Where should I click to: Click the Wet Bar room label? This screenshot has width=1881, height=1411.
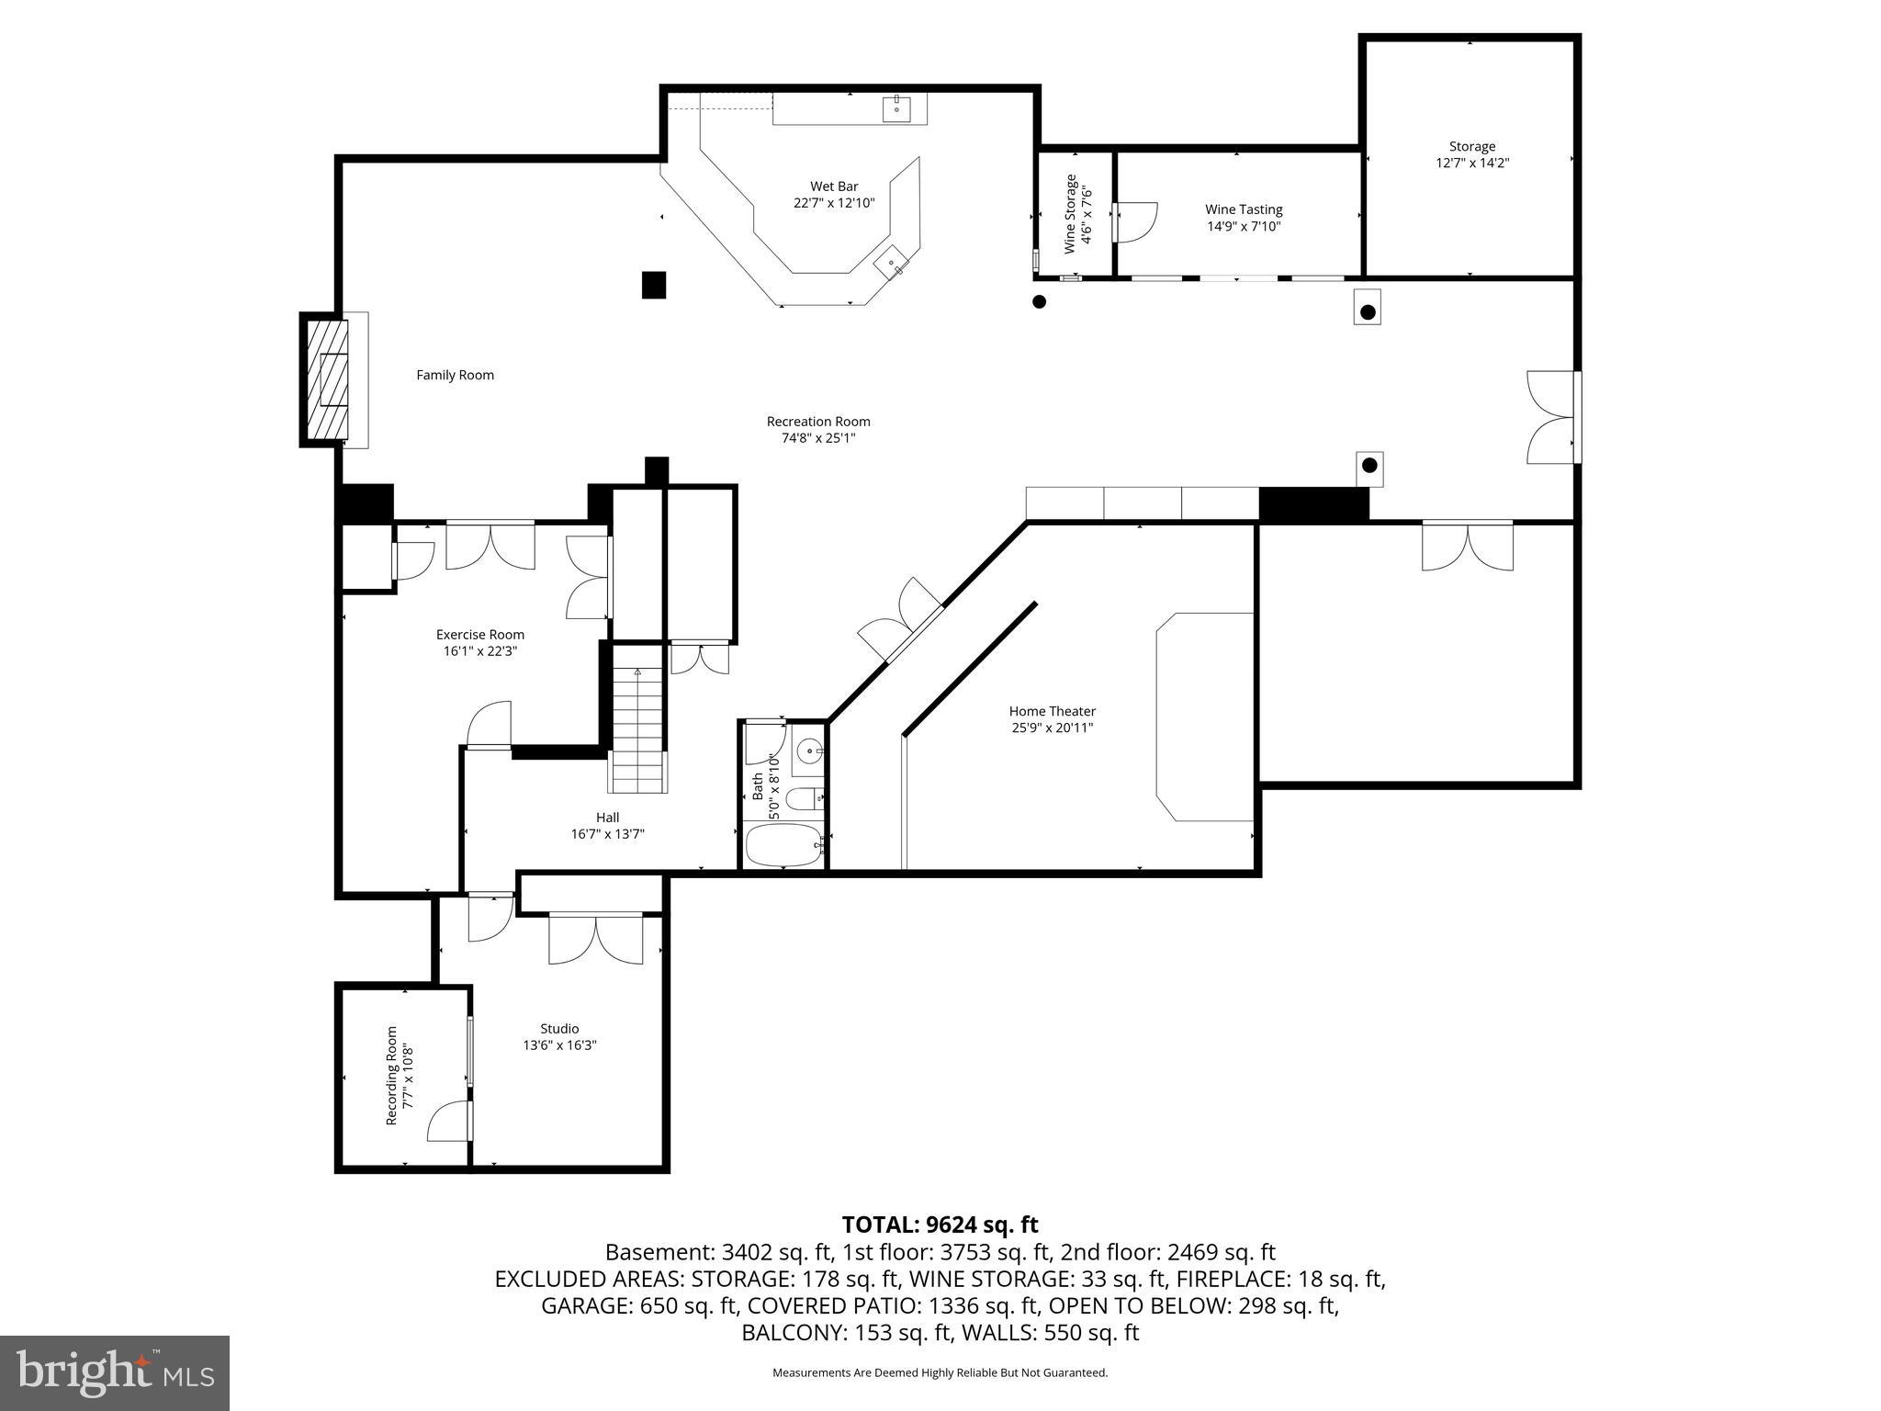click(834, 186)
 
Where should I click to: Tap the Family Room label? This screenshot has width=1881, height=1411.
click(455, 375)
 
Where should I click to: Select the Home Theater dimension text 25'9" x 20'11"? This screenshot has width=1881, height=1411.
click(1052, 728)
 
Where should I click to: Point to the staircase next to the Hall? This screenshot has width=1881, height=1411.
click(637, 730)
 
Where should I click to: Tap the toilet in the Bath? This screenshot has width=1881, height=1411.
click(805, 798)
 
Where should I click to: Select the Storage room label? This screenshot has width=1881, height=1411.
click(1472, 146)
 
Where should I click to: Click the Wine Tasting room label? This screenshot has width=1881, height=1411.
click(1244, 209)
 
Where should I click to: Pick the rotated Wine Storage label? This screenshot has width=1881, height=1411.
click(1070, 214)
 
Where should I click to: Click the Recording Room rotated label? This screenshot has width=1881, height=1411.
click(391, 1076)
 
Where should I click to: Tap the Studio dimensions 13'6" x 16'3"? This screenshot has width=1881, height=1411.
click(559, 1044)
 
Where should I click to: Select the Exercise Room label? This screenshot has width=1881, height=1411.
click(479, 634)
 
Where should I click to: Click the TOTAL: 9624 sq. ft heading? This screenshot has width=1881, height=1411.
click(940, 1225)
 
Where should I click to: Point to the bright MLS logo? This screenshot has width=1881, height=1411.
click(115, 1372)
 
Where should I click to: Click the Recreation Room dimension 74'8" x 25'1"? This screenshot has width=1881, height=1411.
click(817, 438)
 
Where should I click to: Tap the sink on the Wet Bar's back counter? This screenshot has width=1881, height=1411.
click(896, 108)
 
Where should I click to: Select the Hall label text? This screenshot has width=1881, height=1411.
click(607, 818)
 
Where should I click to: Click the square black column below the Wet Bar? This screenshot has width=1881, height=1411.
click(653, 285)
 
